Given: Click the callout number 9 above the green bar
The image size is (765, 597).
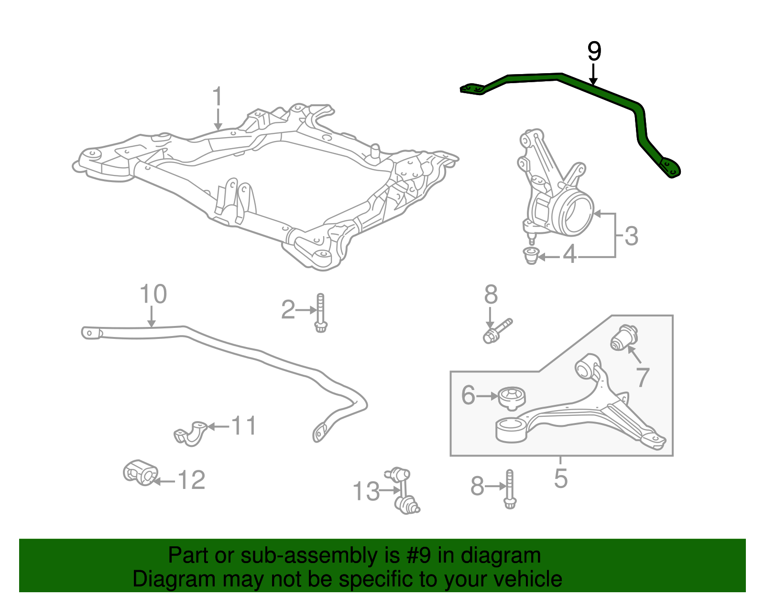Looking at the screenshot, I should (594, 51).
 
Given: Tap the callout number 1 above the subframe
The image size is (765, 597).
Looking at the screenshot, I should (218, 97).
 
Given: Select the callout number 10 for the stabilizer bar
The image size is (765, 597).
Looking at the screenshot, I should (153, 294).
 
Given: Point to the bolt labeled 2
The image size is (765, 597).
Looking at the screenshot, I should (321, 313).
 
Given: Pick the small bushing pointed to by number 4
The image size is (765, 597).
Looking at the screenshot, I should (531, 256).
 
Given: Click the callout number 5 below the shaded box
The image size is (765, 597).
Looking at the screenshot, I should (560, 478).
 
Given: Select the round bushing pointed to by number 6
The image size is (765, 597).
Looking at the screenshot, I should (512, 398).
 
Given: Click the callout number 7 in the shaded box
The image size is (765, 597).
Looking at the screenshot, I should (643, 377).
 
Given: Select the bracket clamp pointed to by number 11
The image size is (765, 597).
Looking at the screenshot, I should (190, 433).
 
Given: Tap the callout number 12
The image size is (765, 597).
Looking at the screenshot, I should (191, 480).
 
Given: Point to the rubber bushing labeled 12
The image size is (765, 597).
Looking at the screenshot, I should (140, 472).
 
